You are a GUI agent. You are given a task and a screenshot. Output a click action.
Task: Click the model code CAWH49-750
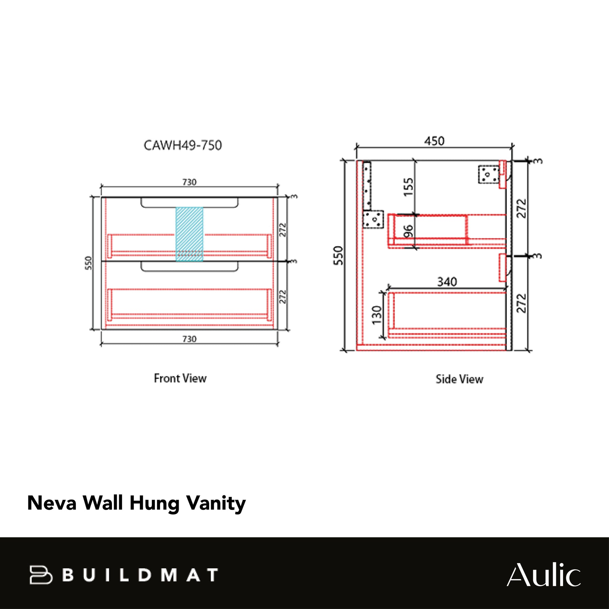(x=183, y=145)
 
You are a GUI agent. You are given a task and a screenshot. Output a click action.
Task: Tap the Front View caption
(x=180, y=378)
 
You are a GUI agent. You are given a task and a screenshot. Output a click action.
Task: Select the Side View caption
(x=459, y=379)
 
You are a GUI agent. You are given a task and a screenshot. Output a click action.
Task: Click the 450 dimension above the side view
(x=434, y=141)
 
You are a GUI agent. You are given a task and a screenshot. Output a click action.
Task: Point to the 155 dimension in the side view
(x=409, y=187)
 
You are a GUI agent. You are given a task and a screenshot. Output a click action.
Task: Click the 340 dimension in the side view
(x=447, y=282)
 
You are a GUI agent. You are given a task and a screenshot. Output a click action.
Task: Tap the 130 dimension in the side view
(x=377, y=315)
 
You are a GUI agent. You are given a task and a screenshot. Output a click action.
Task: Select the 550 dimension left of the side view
(x=338, y=255)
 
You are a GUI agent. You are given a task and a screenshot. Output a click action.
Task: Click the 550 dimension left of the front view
(x=88, y=263)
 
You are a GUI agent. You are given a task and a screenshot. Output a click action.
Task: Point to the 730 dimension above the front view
(x=189, y=182)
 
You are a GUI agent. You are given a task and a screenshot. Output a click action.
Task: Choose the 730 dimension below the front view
(x=189, y=339)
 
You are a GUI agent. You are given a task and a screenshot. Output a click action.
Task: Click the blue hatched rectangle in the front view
(x=189, y=234)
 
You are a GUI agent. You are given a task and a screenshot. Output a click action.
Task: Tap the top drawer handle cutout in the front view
(x=189, y=203)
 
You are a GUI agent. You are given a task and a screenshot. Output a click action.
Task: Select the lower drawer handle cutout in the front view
(x=189, y=267)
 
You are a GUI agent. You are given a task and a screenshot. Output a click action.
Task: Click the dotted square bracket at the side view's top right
(x=488, y=175)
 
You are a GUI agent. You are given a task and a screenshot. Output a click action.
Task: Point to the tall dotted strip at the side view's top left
(x=367, y=186)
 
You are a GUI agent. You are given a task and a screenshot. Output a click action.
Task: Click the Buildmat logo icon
(x=41, y=575)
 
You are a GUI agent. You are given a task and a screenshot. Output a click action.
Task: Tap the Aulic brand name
(x=543, y=575)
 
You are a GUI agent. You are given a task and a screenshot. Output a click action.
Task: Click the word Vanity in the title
(x=216, y=503)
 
